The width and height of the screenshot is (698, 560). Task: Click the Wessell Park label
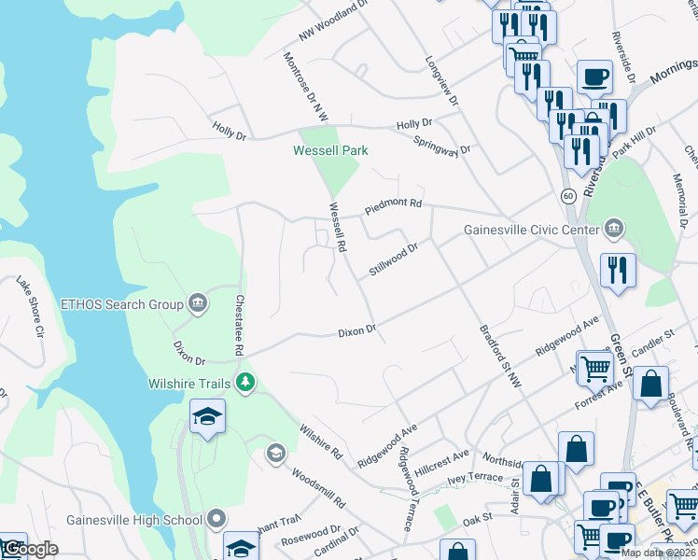pos(330,150)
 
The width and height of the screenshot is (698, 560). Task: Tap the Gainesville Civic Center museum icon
pos(615,228)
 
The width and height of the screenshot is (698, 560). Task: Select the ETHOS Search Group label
pos(121,304)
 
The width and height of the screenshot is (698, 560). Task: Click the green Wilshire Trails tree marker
pos(245,382)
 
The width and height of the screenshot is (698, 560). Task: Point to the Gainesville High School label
pos(134,520)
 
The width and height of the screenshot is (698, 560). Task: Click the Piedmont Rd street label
pos(393,204)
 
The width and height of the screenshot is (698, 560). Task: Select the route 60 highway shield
pos(567,196)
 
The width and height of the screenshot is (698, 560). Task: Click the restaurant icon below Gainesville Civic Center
pos(618,271)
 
